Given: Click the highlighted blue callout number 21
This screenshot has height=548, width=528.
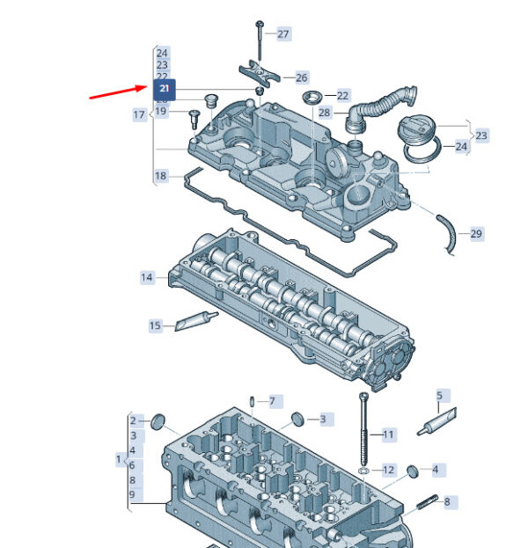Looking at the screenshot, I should (x=165, y=89).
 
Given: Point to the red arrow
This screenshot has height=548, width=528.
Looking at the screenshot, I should (x=118, y=91).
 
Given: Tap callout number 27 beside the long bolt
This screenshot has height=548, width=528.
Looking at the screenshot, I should (x=282, y=34).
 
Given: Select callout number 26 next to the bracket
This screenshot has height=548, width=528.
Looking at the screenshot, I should (x=301, y=78).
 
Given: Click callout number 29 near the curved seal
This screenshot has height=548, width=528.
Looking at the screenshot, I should (x=476, y=233).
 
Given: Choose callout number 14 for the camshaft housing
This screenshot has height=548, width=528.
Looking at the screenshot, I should (x=147, y=278).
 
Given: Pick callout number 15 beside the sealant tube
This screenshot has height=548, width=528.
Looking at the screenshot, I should (x=156, y=326).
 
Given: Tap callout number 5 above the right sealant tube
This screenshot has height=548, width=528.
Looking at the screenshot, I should (x=440, y=396).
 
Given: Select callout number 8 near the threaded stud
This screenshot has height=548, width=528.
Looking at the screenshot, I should (x=446, y=502).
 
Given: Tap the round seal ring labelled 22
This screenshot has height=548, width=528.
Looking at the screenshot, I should (x=312, y=96).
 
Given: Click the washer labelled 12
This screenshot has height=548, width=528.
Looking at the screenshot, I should (x=363, y=471).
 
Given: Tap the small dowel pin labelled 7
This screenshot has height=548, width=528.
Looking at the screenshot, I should (x=253, y=401).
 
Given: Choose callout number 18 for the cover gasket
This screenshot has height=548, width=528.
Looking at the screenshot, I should (x=160, y=177).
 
